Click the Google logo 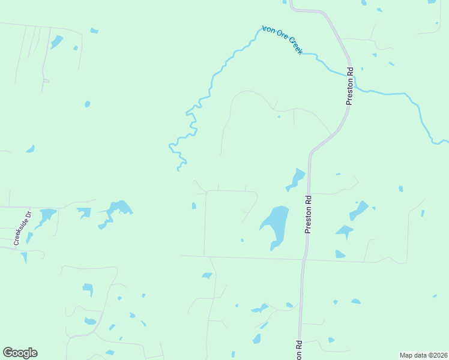[20, 353]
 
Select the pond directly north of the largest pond [297, 178]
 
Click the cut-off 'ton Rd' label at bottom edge [298, 350]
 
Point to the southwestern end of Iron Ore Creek [178, 170]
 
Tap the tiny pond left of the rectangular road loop [194, 206]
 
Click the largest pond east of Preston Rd [359, 210]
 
